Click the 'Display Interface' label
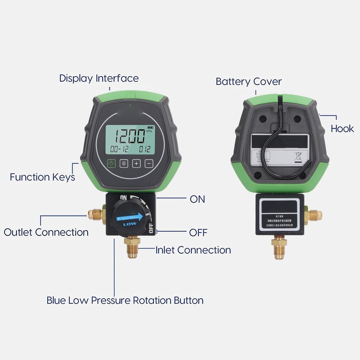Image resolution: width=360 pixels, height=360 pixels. click(99, 78)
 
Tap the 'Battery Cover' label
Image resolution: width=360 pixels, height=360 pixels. click(248, 81)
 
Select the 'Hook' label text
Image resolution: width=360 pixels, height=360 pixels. click(342, 129)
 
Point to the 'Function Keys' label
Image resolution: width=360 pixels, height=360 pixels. click(42, 177)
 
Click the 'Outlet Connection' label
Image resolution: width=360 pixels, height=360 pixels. click(46, 232)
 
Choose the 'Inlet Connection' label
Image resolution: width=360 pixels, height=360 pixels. click(193, 250)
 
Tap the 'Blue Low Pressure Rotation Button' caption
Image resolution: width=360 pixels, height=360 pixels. click(125, 300)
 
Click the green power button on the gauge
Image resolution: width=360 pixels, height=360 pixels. click(112, 163)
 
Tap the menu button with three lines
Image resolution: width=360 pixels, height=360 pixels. click(124, 163)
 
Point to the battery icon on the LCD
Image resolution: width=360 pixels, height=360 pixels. click(149, 127)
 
